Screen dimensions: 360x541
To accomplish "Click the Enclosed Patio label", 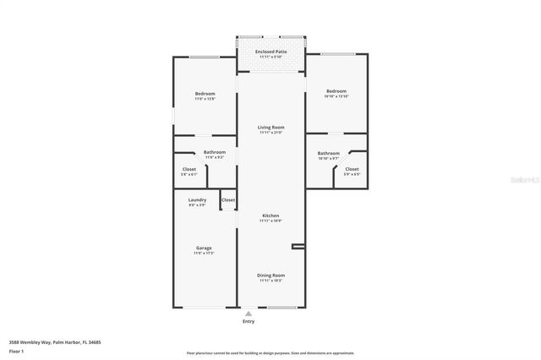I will point(270,52).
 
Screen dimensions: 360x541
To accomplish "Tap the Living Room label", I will point(270,127).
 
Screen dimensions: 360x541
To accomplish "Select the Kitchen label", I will point(270,215).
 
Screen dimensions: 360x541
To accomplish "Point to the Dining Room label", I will point(270,275).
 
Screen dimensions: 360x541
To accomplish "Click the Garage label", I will point(203,248).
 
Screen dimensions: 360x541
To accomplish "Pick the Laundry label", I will point(197,199).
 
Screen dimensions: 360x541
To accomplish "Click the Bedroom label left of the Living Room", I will point(205,93).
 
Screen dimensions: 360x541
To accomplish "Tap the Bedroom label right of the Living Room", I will point(336,90).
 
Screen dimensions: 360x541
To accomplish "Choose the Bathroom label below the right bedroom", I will point(328,153).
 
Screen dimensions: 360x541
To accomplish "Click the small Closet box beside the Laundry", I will point(228,200).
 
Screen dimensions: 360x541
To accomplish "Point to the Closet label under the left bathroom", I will point(189,169).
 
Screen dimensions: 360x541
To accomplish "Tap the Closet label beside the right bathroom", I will point(352,169).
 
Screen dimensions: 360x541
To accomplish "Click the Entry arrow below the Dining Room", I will point(249,313).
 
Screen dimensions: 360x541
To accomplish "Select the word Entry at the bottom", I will point(249,321).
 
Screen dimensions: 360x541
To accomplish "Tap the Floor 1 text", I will point(16,350).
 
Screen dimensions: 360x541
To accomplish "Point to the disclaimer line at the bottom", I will point(270,353).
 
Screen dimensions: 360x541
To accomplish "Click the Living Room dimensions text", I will point(270,132).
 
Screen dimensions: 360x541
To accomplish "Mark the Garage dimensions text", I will point(203,253).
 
